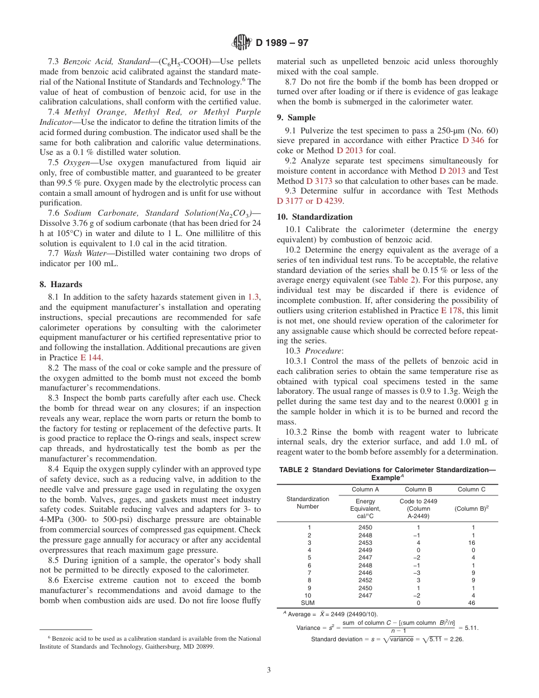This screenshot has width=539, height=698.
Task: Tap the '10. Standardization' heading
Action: (x=314, y=217)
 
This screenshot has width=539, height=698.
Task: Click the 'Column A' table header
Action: (x=366, y=489)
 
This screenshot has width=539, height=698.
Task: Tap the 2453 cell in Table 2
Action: (x=366, y=543)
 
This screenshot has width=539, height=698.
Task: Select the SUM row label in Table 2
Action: (x=308, y=603)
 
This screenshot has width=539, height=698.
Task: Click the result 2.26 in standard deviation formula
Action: (x=454, y=639)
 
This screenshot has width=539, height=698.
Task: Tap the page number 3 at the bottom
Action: (x=269, y=670)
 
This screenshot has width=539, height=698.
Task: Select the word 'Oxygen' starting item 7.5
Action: (x=77, y=162)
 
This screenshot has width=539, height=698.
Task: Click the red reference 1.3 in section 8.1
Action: (x=254, y=296)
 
